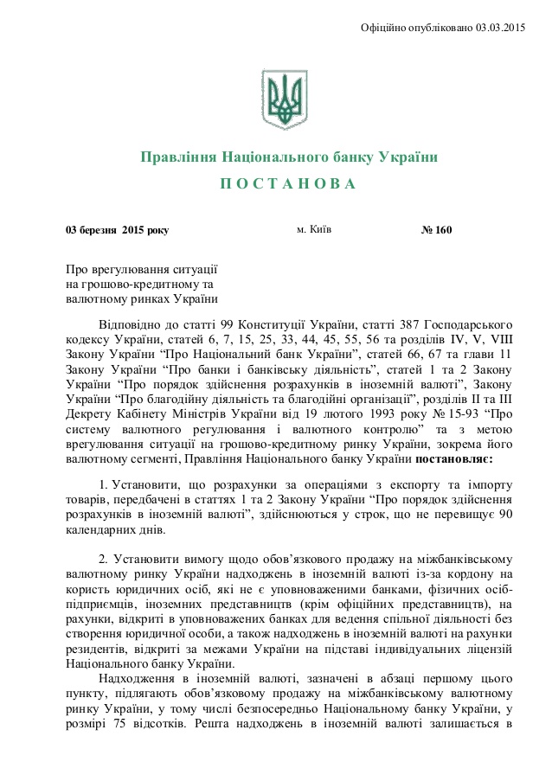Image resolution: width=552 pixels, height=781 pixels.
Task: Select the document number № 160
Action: (x=437, y=230)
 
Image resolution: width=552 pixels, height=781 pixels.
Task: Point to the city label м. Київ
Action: (x=313, y=230)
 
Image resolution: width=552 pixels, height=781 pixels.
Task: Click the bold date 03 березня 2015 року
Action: (x=118, y=230)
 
